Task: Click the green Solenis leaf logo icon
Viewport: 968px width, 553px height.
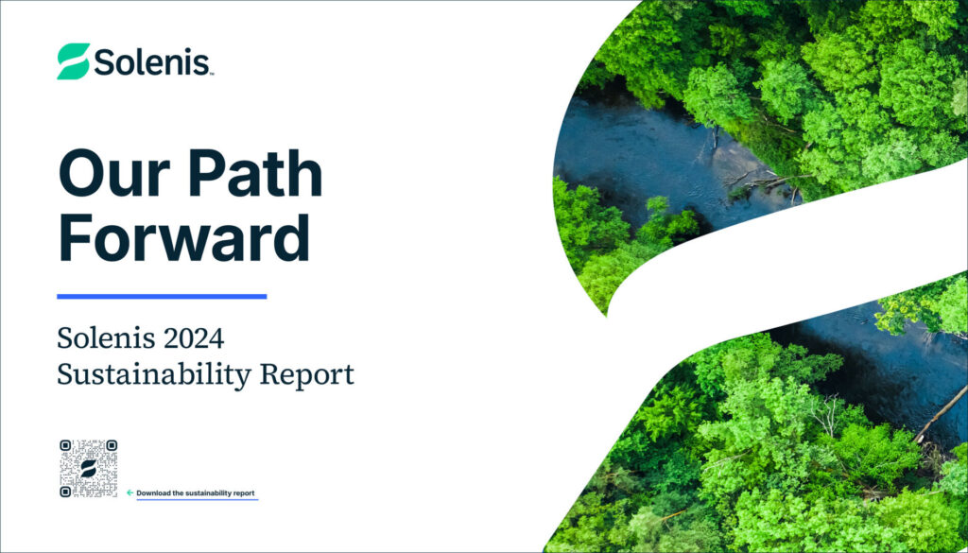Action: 74,60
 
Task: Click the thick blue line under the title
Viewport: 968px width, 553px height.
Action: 162,296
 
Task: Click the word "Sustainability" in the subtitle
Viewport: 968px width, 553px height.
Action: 150,373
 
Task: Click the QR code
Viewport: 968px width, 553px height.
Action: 88,468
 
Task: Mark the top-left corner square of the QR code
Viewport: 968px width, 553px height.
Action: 65,445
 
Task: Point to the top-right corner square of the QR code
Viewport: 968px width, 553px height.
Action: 111,445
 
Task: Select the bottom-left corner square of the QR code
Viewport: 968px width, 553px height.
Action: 65,491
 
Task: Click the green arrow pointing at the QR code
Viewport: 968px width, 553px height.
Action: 130,493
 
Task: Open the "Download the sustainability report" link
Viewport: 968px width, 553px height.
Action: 196,493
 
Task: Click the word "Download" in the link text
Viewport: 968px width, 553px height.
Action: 154,493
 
